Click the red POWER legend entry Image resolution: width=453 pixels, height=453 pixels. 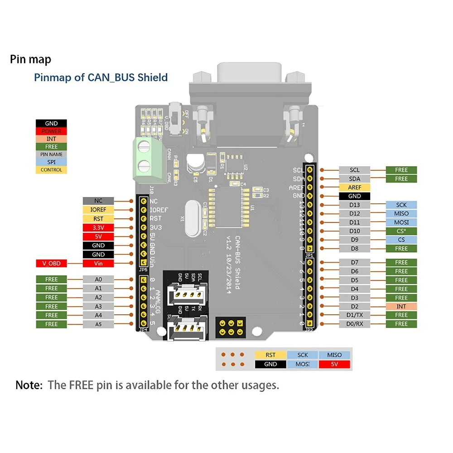(51, 131)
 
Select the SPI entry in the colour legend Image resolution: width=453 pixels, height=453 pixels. (51, 162)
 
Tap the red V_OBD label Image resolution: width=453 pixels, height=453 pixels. (51, 263)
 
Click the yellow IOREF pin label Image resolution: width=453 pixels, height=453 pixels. (98, 210)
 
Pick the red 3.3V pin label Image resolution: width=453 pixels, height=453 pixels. (98, 227)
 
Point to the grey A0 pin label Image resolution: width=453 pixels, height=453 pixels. (98, 280)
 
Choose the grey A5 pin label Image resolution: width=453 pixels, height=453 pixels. (98, 324)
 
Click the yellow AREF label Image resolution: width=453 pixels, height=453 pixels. (355, 188)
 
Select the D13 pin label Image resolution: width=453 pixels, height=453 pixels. (355, 205)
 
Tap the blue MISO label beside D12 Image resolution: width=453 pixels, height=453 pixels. (401, 214)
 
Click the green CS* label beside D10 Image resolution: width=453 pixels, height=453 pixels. (401, 231)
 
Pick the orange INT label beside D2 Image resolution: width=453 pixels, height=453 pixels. (401, 306)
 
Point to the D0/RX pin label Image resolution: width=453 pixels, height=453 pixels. (355, 324)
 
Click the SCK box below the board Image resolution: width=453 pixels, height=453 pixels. (303, 355)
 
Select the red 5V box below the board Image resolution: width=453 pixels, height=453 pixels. (334, 364)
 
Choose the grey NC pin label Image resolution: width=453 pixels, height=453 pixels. (98, 201)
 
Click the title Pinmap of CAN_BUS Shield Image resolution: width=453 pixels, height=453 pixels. (101, 77)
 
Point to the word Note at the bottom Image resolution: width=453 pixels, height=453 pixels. (29, 386)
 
